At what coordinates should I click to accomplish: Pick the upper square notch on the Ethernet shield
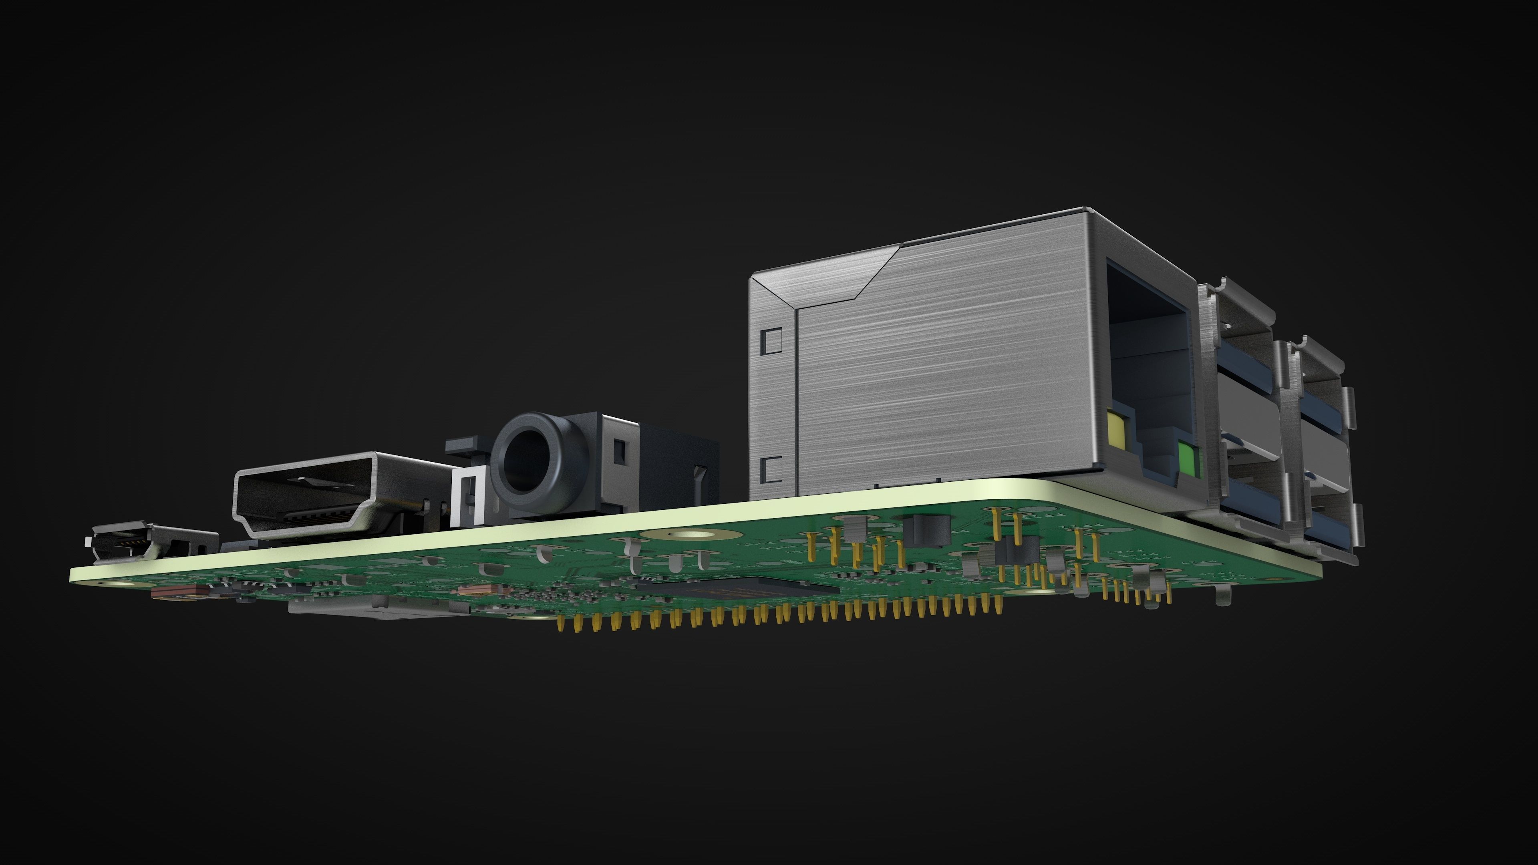click(x=772, y=339)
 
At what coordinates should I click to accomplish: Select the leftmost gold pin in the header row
click(x=561, y=624)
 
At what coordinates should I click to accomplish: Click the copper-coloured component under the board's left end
click(x=179, y=591)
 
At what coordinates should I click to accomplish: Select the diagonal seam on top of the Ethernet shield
click(x=878, y=272)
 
